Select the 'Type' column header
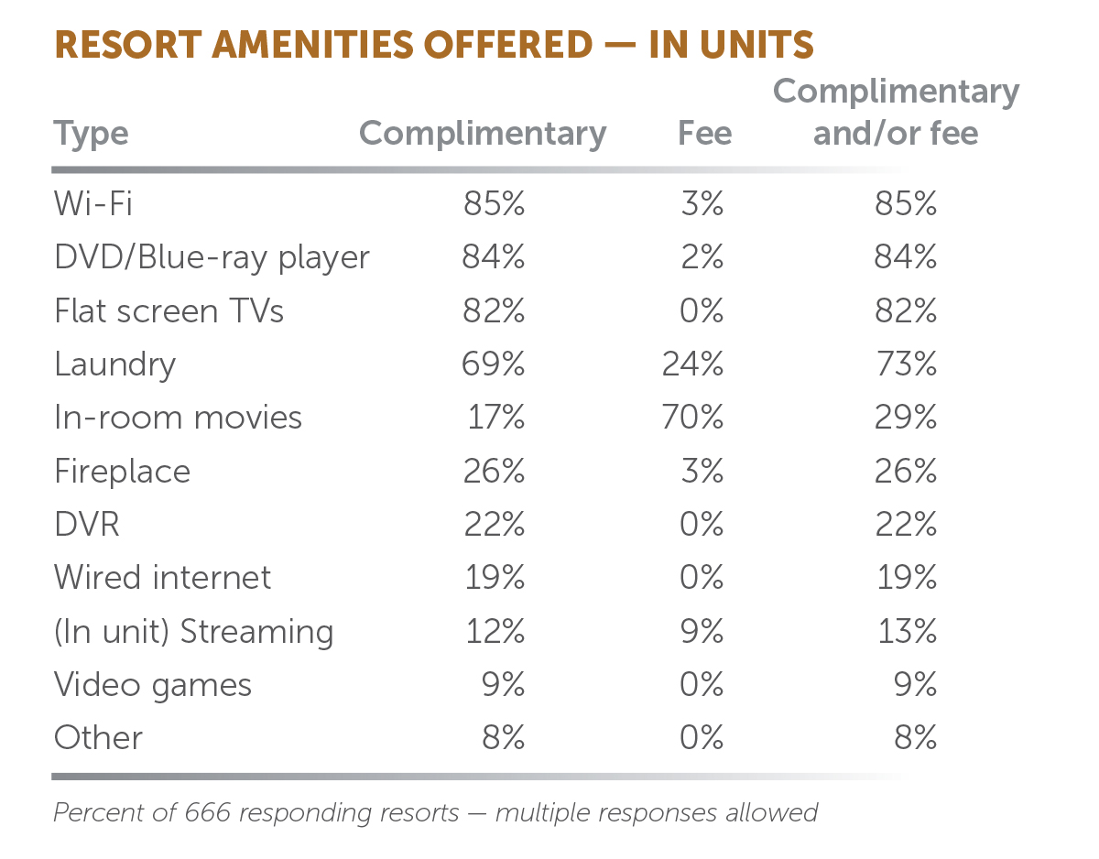[x=91, y=134]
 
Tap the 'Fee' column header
[x=704, y=134]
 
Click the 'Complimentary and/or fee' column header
[x=896, y=113]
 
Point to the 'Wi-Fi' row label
[x=92, y=203]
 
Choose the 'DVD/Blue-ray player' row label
[x=212, y=257]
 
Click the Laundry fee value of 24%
[x=692, y=364]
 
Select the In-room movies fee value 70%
[x=692, y=418]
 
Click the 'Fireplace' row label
[x=122, y=471]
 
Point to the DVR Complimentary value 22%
[x=495, y=525]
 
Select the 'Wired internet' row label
[x=162, y=578]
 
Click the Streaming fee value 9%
[x=702, y=631]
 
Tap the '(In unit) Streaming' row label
[x=193, y=632]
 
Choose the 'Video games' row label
[x=152, y=685]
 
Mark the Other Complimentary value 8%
[x=504, y=738]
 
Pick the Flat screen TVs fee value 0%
[x=702, y=310]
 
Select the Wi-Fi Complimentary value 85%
[x=495, y=203]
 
